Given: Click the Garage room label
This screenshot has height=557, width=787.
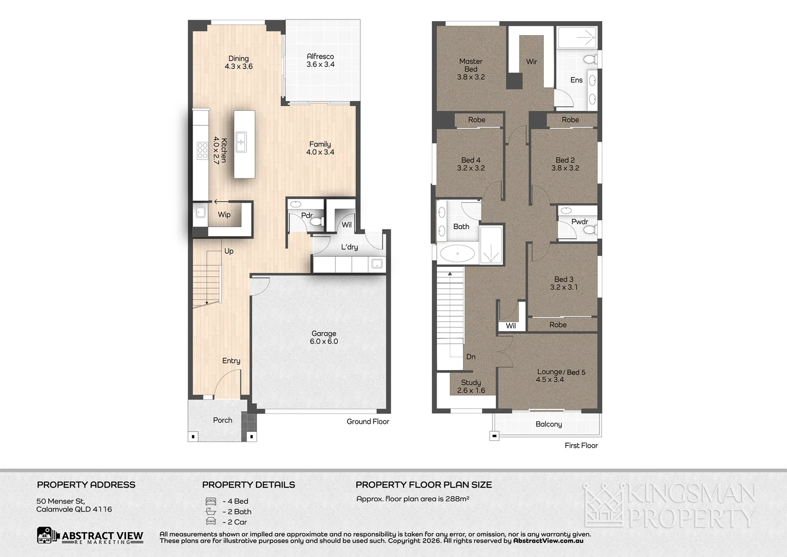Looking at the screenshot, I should pyautogui.click(x=323, y=334).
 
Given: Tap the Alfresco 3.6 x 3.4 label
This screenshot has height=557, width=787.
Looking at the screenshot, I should pyautogui.click(x=320, y=60).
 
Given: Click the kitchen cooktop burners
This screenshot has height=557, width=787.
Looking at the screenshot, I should pyautogui.click(x=202, y=151).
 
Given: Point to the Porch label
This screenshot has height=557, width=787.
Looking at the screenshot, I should pyautogui.click(x=223, y=420).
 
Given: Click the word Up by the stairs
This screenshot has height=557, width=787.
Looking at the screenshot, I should pyautogui.click(x=229, y=251).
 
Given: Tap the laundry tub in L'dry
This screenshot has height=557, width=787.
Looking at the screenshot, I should pyautogui.click(x=377, y=264).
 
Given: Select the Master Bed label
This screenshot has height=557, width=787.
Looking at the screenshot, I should pyautogui.click(x=471, y=65).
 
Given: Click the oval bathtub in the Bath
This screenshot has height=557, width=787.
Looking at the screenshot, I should pyautogui.click(x=458, y=254).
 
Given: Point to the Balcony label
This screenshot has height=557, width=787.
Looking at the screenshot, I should pyautogui.click(x=549, y=424).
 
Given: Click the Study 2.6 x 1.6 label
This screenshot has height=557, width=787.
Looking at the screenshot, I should pyautogui.click(x=471, y=386).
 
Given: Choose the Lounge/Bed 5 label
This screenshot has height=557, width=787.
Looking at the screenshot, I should pyautogui.click(x=561, y=372).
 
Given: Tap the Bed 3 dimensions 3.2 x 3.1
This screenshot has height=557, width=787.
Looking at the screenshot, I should pyautogui.click(x=563, y=287).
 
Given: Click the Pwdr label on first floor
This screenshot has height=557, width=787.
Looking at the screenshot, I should pyautogui.click(x=579, y=222).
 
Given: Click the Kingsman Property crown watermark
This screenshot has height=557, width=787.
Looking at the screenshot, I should pyautogui.click(x=603, y=506).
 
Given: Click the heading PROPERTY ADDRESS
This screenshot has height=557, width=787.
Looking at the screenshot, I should pyautogui.click(x=86, y=485).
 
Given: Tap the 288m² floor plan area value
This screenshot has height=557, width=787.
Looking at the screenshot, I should pyautogui.click(x=458, y=499).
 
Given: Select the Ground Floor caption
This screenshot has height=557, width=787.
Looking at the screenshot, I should pyautogui.click(x=368, y=421).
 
